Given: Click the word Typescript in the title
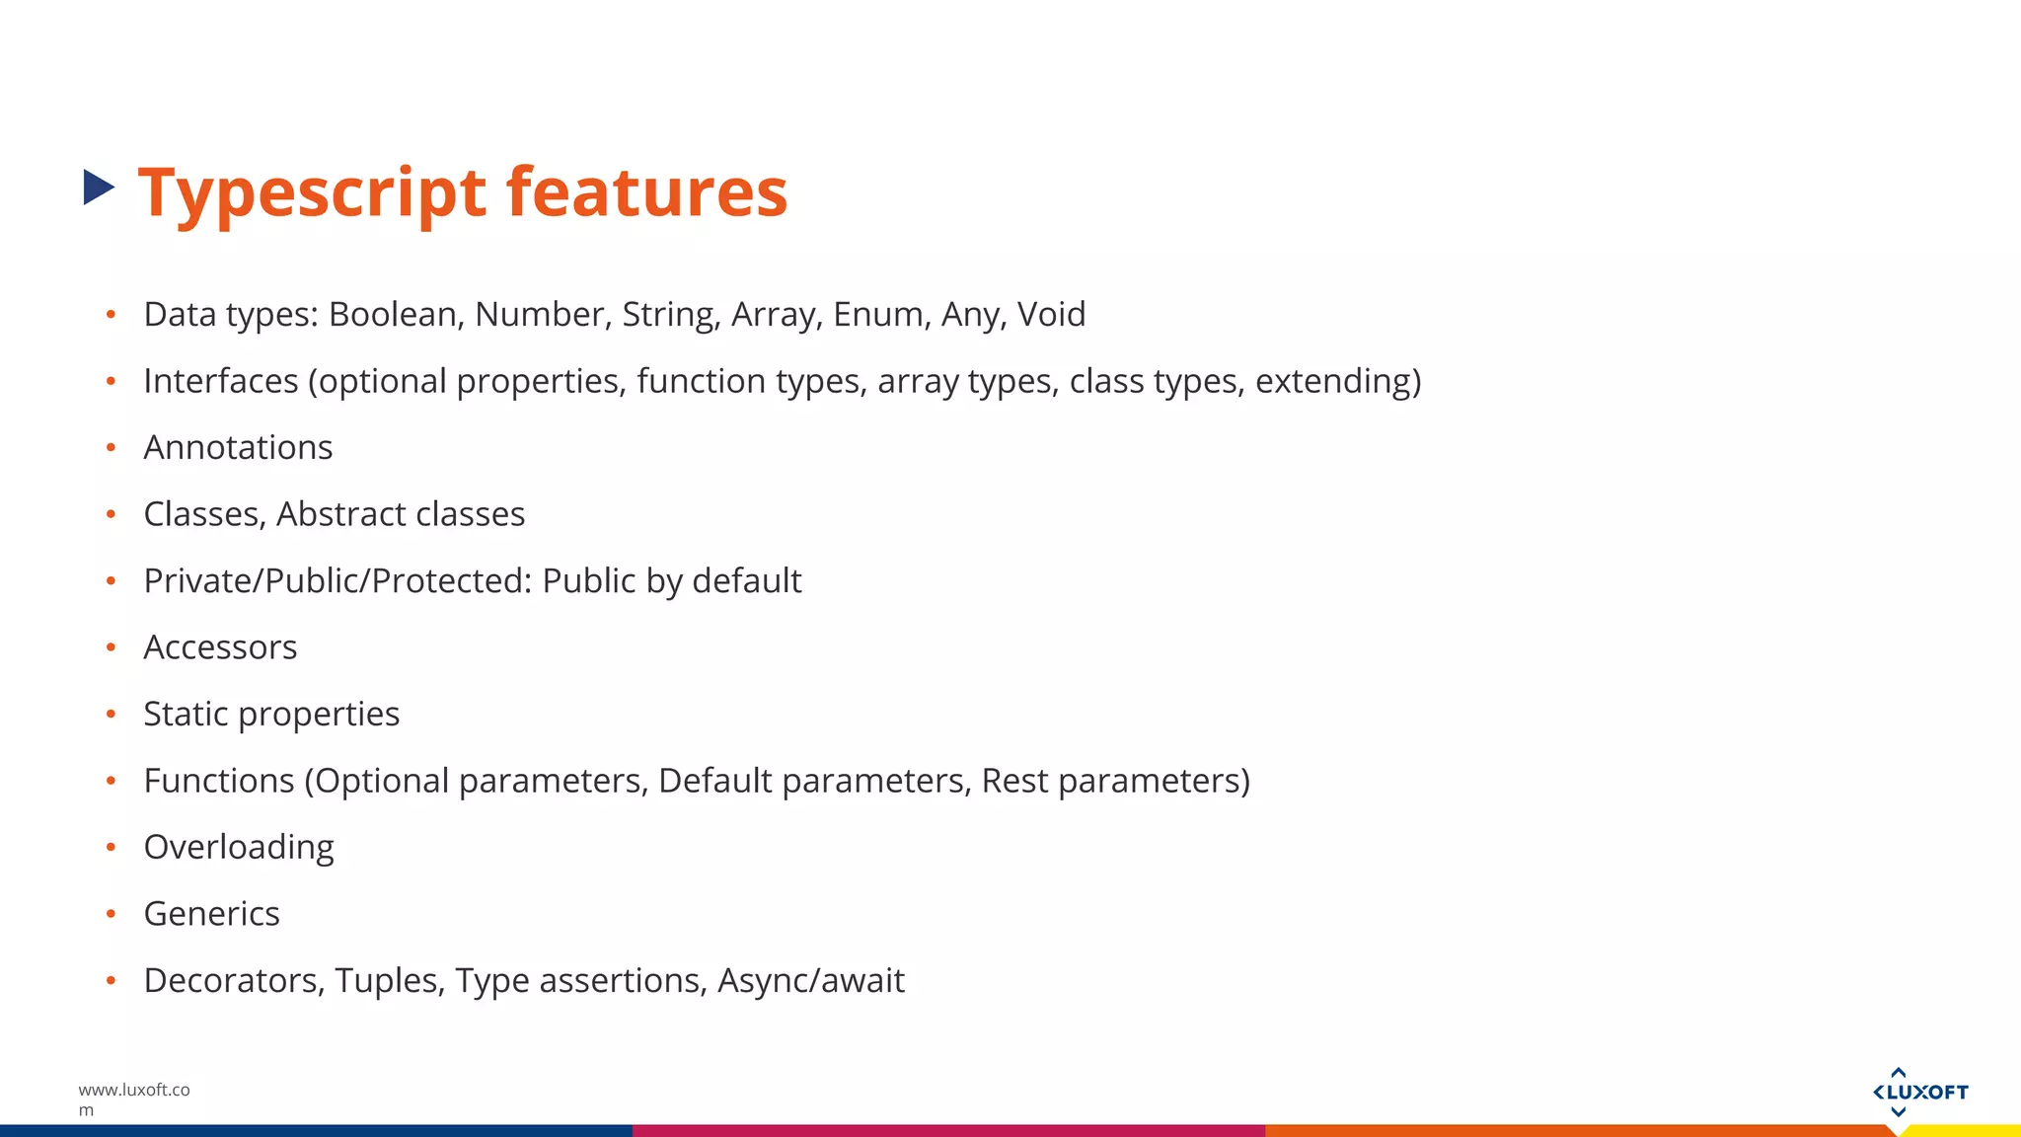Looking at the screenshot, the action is [x=312, y=192].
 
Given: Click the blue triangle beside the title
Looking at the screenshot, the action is [x=98, y=188].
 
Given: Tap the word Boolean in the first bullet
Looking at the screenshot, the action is [x=392, y=314].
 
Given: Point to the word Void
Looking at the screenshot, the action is [x=1051, y=314].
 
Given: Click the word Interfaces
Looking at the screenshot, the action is [x=220, y=381].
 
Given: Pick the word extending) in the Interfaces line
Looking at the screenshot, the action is [x=1337, y=381].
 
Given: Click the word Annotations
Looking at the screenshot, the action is [x=238, y=447].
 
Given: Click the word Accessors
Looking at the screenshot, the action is [x=220, y=647].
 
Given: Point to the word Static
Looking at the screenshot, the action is [x=186, y=714].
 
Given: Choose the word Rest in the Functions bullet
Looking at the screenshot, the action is [x=1014, y=781].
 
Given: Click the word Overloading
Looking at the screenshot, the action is [x=239, y=848].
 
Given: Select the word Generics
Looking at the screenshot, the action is [x=211, y=914].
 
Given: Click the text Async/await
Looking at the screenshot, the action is [x=810, y=981].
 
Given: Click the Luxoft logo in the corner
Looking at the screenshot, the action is [x=1919, y=1092].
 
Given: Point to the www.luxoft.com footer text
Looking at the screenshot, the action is [x=133, y=1099].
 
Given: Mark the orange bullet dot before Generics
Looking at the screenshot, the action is [x=112, y=914].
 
